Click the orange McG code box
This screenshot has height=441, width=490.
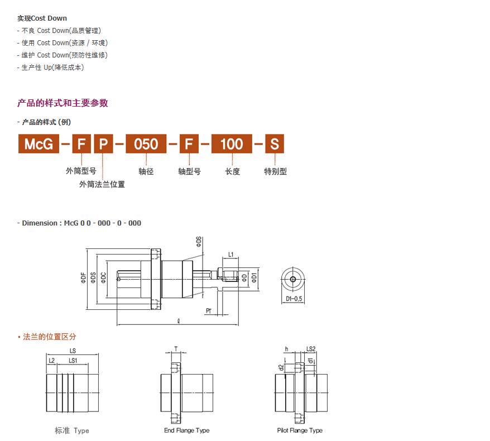coord(39,144)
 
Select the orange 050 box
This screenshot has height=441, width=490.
coord(146,144)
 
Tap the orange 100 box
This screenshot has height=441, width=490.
coord(232,144)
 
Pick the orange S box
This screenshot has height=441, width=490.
coord(275,144)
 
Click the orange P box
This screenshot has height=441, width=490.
coord(103,144)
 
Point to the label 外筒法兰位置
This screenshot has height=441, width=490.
coord(102,184)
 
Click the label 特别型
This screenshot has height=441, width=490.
coord(275,171)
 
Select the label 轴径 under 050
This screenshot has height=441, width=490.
coord(146,171)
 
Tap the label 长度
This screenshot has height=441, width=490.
coord(233,171)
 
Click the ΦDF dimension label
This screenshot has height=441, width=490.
coord(84,277)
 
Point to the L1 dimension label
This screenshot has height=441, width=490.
coord(230,255)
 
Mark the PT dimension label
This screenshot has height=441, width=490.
coord(208,311)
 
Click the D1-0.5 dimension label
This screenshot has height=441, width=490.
coord(294,299)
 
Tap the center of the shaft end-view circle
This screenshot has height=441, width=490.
coord(293,279)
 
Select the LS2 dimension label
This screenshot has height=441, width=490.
coord(311,349)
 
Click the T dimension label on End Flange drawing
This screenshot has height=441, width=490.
coord(176,349)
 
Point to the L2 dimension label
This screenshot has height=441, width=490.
coord(51,361)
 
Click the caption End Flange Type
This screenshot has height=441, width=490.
coord(187,430)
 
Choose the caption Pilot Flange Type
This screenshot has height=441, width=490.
coord(300,430)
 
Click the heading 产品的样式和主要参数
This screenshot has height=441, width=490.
coord(63,103)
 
